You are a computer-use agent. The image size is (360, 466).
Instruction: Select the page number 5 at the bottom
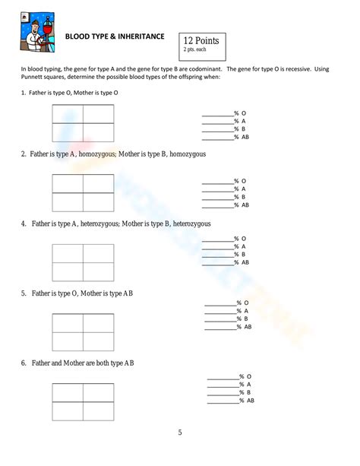tap(180, 433)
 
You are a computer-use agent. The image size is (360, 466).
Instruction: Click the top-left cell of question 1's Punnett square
tap(68, 114)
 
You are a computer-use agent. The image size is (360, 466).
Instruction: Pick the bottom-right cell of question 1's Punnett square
tap(98, 132)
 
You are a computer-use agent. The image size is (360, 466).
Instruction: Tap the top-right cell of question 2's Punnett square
tap(98, 184)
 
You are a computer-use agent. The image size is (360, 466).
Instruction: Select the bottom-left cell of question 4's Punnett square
tap(68, 271)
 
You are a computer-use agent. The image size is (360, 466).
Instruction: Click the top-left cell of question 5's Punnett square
tap(68, 323)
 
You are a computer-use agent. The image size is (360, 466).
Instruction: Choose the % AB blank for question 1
tap(217, 137)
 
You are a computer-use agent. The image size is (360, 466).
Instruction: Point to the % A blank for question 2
tap(217, 189)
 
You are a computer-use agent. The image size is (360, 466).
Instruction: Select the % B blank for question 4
tap(217, 255)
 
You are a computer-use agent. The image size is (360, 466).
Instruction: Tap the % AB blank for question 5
tap(221, 327)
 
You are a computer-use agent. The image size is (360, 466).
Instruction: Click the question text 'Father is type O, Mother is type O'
tap(74, 92)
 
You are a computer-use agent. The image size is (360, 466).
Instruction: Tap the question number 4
tap(24, 223)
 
